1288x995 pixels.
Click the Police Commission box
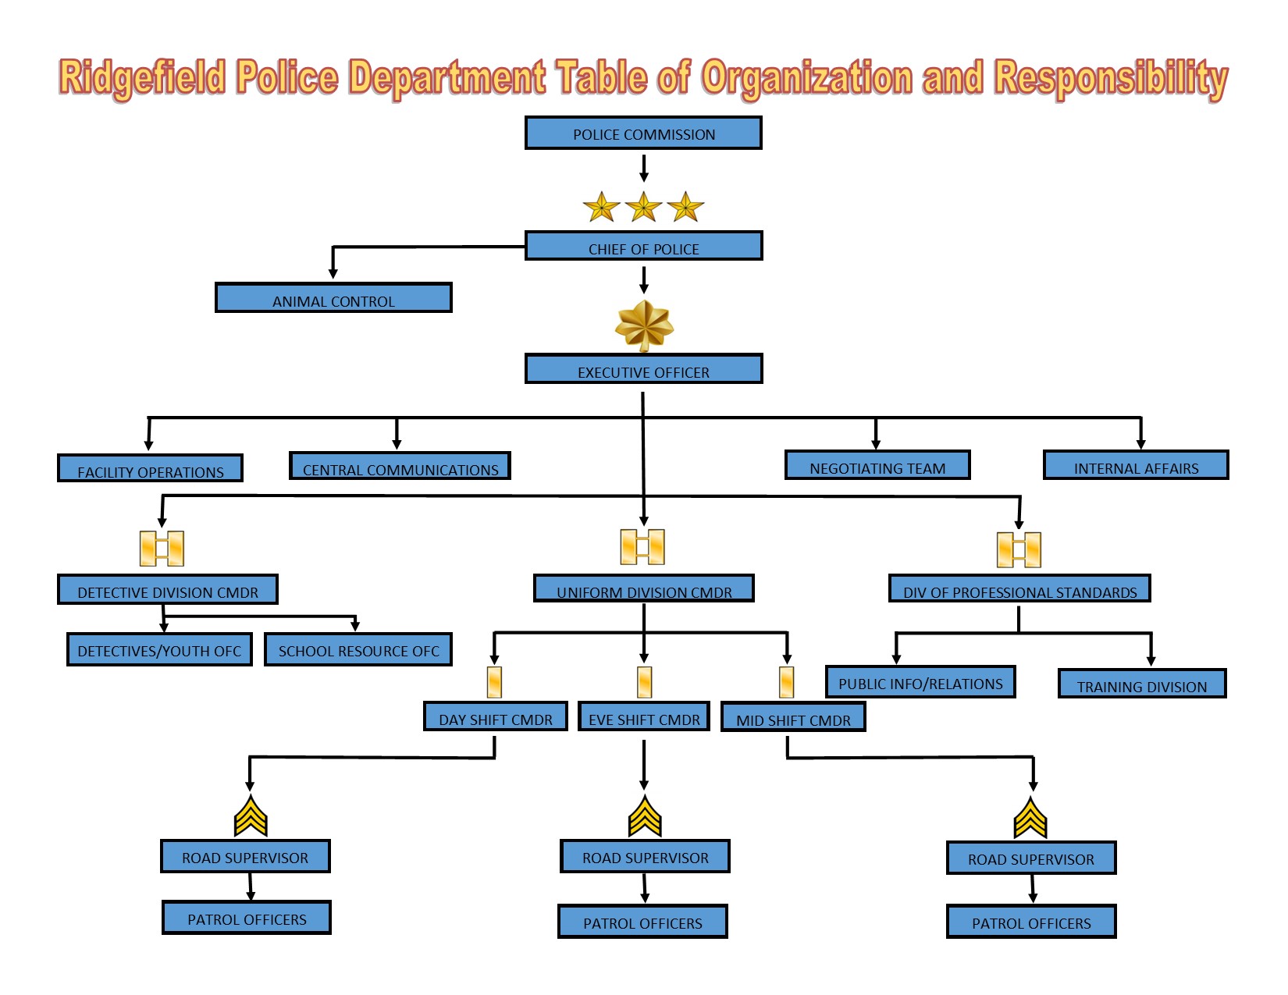(x=643, y=133)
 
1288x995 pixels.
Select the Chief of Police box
(x=643, y=247)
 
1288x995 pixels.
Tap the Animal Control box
(x=333, y=298)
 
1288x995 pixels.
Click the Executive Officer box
(x=643, y=369)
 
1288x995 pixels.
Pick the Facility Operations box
(x=150, y=469)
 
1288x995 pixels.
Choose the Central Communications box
(x=400, y=467)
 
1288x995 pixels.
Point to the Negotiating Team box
(x=877, y=466)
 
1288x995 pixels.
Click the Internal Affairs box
(x=1136, y=466)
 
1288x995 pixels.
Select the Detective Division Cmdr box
(x=168, y=590)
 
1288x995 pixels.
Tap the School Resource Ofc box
(x=358, y=649)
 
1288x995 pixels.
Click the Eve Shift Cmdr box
(x=644, y=717)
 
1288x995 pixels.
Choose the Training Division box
(x=1142, y=684)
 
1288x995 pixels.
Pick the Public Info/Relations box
(x=920, y=682)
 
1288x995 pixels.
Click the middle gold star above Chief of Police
(x=643, y=208)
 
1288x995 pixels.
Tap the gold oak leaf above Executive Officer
(x=644, y=326)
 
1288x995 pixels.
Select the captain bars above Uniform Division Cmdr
(x=642, y=547)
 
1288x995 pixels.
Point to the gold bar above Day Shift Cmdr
(x=494, y=682)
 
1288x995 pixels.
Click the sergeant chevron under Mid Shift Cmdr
(x=1030, y=818)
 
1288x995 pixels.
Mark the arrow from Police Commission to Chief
(x=644, y=168)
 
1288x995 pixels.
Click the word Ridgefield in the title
(x=142, y=78)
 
